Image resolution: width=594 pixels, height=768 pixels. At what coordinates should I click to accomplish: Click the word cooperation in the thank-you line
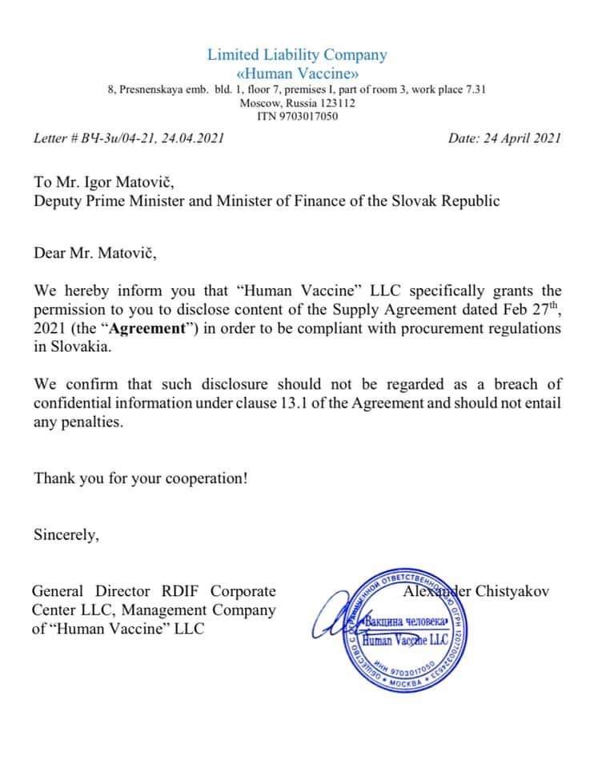pyautogui.click(x=204, y=478)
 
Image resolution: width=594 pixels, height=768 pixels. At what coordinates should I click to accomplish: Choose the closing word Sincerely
pyautogui.click(x=66, y=535)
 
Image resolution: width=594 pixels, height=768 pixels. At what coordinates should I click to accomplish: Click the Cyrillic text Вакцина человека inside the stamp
pyautogui.click(x=402, y=622)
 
